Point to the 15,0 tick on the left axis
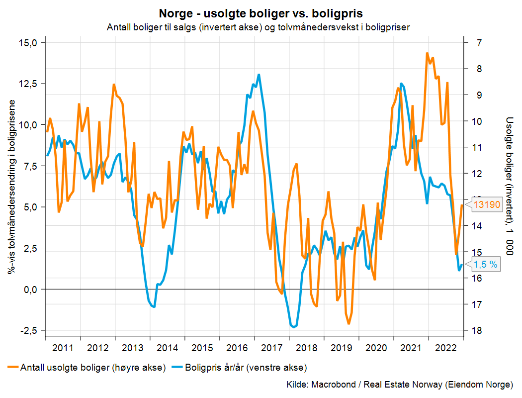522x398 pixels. [28, 43]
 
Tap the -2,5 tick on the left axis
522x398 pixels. [28, 330]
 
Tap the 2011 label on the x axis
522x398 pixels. [63, 347]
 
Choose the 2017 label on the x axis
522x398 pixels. [271, 347]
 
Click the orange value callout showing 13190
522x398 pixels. [486, 204]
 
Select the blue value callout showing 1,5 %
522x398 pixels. [485, 265]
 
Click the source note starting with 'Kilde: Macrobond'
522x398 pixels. [400, 385]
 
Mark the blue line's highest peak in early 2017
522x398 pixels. [259, 75]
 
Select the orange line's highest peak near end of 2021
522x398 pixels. [428, 53]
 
